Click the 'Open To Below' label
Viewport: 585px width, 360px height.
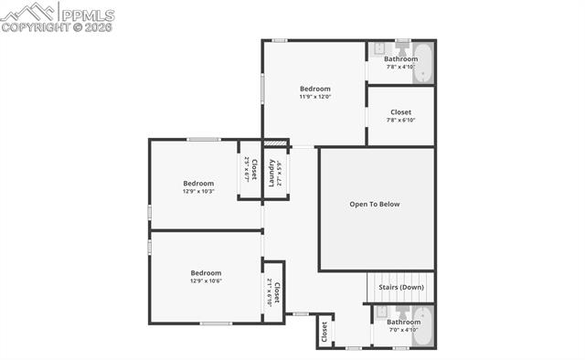375,204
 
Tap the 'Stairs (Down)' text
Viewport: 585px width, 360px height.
400,287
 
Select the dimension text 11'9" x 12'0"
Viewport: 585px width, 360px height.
314,97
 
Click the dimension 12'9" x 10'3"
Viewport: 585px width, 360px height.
198,191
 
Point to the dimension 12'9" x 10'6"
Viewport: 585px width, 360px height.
206,281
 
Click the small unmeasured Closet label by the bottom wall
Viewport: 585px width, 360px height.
324,333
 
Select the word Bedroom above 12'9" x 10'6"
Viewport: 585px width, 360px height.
206,272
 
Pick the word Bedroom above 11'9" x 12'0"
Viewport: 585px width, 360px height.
314,89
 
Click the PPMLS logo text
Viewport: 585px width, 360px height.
88,15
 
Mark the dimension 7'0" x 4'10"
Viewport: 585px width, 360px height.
402,330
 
